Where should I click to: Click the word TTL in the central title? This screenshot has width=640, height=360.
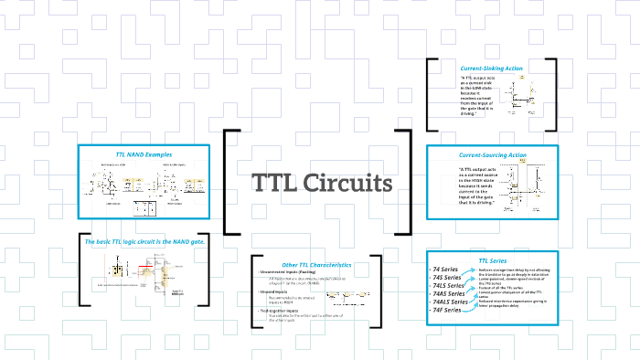272,184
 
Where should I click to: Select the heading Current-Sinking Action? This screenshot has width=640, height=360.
491,69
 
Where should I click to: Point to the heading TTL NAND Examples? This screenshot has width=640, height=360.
137,154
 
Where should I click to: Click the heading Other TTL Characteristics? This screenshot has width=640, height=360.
316,264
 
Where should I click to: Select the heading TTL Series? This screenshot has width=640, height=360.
491,261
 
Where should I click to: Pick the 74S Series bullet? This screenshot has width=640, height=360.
449,279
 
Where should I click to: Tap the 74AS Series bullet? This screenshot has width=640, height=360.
451,294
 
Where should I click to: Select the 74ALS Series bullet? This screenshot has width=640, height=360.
452,302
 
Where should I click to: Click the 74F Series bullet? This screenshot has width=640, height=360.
447,311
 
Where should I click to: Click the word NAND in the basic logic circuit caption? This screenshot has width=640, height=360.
179,241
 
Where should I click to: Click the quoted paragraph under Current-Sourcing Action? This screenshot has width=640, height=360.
477,186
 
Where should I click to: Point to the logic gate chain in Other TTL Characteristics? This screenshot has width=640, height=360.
347,295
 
